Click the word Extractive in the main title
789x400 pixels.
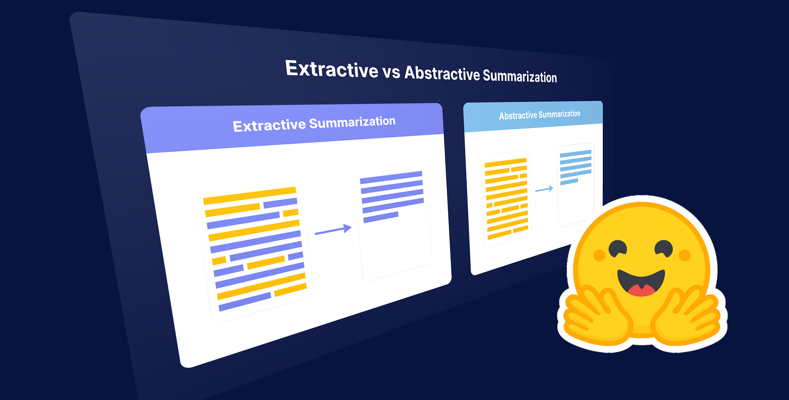pos(332,69)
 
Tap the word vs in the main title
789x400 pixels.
pos(391,72)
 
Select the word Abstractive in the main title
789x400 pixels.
pos(442,73)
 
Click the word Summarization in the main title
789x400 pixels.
pos(520,76)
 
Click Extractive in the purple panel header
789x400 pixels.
pos(269,126)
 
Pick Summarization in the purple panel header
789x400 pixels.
pos(352,122)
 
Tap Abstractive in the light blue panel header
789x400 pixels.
pos(518,116)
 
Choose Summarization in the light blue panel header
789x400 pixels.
pos(559,114)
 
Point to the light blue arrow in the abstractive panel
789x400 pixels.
pos(544,190)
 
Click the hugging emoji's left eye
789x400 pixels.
pos(618,248)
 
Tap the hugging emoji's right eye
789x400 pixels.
pos(664,248)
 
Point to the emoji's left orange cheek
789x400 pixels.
pos(599,255)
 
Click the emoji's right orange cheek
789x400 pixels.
pos(685,255)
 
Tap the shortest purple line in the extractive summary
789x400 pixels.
pos(381,217)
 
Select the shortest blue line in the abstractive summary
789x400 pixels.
pos(569,182)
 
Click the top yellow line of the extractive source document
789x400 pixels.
pos(250,196)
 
